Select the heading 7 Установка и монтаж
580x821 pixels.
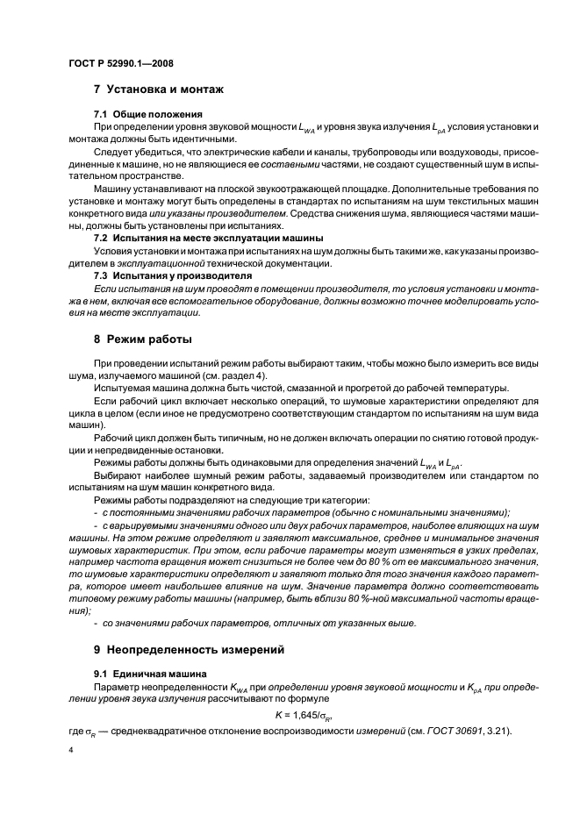159,89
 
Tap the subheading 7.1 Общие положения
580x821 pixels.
148,115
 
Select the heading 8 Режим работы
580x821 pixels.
142,339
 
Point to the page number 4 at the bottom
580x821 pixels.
71,751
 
